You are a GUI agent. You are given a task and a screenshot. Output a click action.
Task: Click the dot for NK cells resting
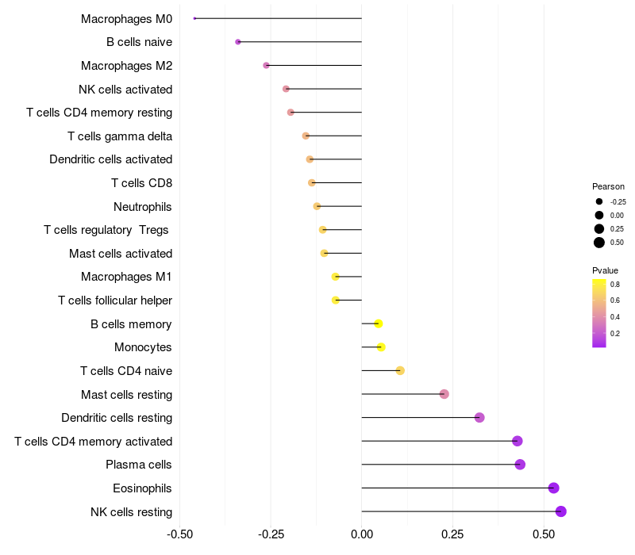pos(560,511)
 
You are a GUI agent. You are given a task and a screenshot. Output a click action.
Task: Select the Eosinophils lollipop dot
pos(553,488)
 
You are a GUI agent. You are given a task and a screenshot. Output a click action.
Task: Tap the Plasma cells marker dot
pos(520,465)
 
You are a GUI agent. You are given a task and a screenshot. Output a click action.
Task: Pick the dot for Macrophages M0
pos(194,18)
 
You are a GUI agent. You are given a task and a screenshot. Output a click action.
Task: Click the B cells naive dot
pos(238,42)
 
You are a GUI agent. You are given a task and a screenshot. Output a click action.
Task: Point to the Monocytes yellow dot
pos(381,347)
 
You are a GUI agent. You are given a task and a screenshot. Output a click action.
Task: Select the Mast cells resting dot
pos(444,394)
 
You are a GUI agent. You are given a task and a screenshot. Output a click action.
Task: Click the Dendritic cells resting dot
pos(479,418)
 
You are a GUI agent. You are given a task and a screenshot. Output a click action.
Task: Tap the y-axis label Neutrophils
pos(143,207)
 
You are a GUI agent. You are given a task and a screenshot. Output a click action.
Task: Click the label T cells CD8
pos(141,183)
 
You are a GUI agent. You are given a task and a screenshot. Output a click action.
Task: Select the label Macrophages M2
pos(126,66)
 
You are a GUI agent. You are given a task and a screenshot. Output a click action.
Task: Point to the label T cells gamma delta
pos(120,136)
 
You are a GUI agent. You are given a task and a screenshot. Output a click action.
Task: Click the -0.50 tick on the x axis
pos(180,535)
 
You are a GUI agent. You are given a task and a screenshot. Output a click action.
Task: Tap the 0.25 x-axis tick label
pos(452,535)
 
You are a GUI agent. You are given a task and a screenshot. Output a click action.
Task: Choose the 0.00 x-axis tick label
pos(361,535)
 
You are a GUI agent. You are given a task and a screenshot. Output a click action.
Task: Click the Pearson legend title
pos(608,186)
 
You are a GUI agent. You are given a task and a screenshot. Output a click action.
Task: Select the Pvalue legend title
pos(605,270)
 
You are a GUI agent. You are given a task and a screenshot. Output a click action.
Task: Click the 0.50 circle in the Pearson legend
pos(599,243)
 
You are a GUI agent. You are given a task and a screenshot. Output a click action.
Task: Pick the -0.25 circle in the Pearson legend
pos(599,201)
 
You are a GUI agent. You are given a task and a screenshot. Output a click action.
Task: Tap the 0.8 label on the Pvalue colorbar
pos(615,284)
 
